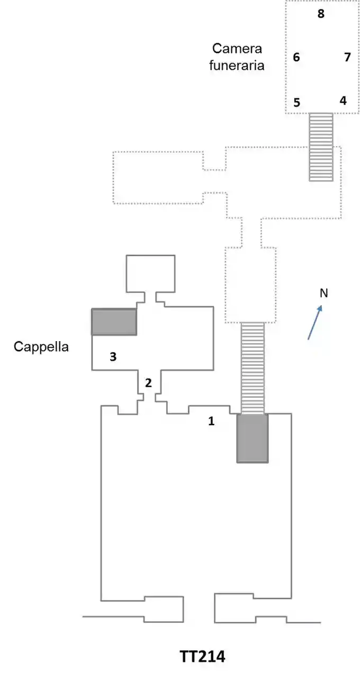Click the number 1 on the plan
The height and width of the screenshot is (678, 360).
[211, 422]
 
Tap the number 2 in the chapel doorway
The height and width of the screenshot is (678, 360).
[149, 382]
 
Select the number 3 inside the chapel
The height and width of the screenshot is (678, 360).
[113, 356]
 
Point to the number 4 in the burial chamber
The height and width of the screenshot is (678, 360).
[343, 100]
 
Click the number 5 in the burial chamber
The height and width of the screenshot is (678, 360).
[296, 103]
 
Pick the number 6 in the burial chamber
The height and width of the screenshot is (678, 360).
[296, 57]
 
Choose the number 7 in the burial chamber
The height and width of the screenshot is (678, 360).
[347, 57]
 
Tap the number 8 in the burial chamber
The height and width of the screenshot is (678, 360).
[321, 14]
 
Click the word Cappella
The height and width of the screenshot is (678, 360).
[41, 347]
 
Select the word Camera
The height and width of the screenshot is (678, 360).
[237, 49]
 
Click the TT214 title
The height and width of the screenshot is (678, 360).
[202, 657]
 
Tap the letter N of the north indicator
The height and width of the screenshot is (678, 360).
[324, 293]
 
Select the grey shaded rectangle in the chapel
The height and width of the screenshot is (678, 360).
[114, 322]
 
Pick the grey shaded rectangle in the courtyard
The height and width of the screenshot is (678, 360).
[252, 438]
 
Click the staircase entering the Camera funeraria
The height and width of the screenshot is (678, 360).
[321, 147]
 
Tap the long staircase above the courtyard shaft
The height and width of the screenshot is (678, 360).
[253, 368]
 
